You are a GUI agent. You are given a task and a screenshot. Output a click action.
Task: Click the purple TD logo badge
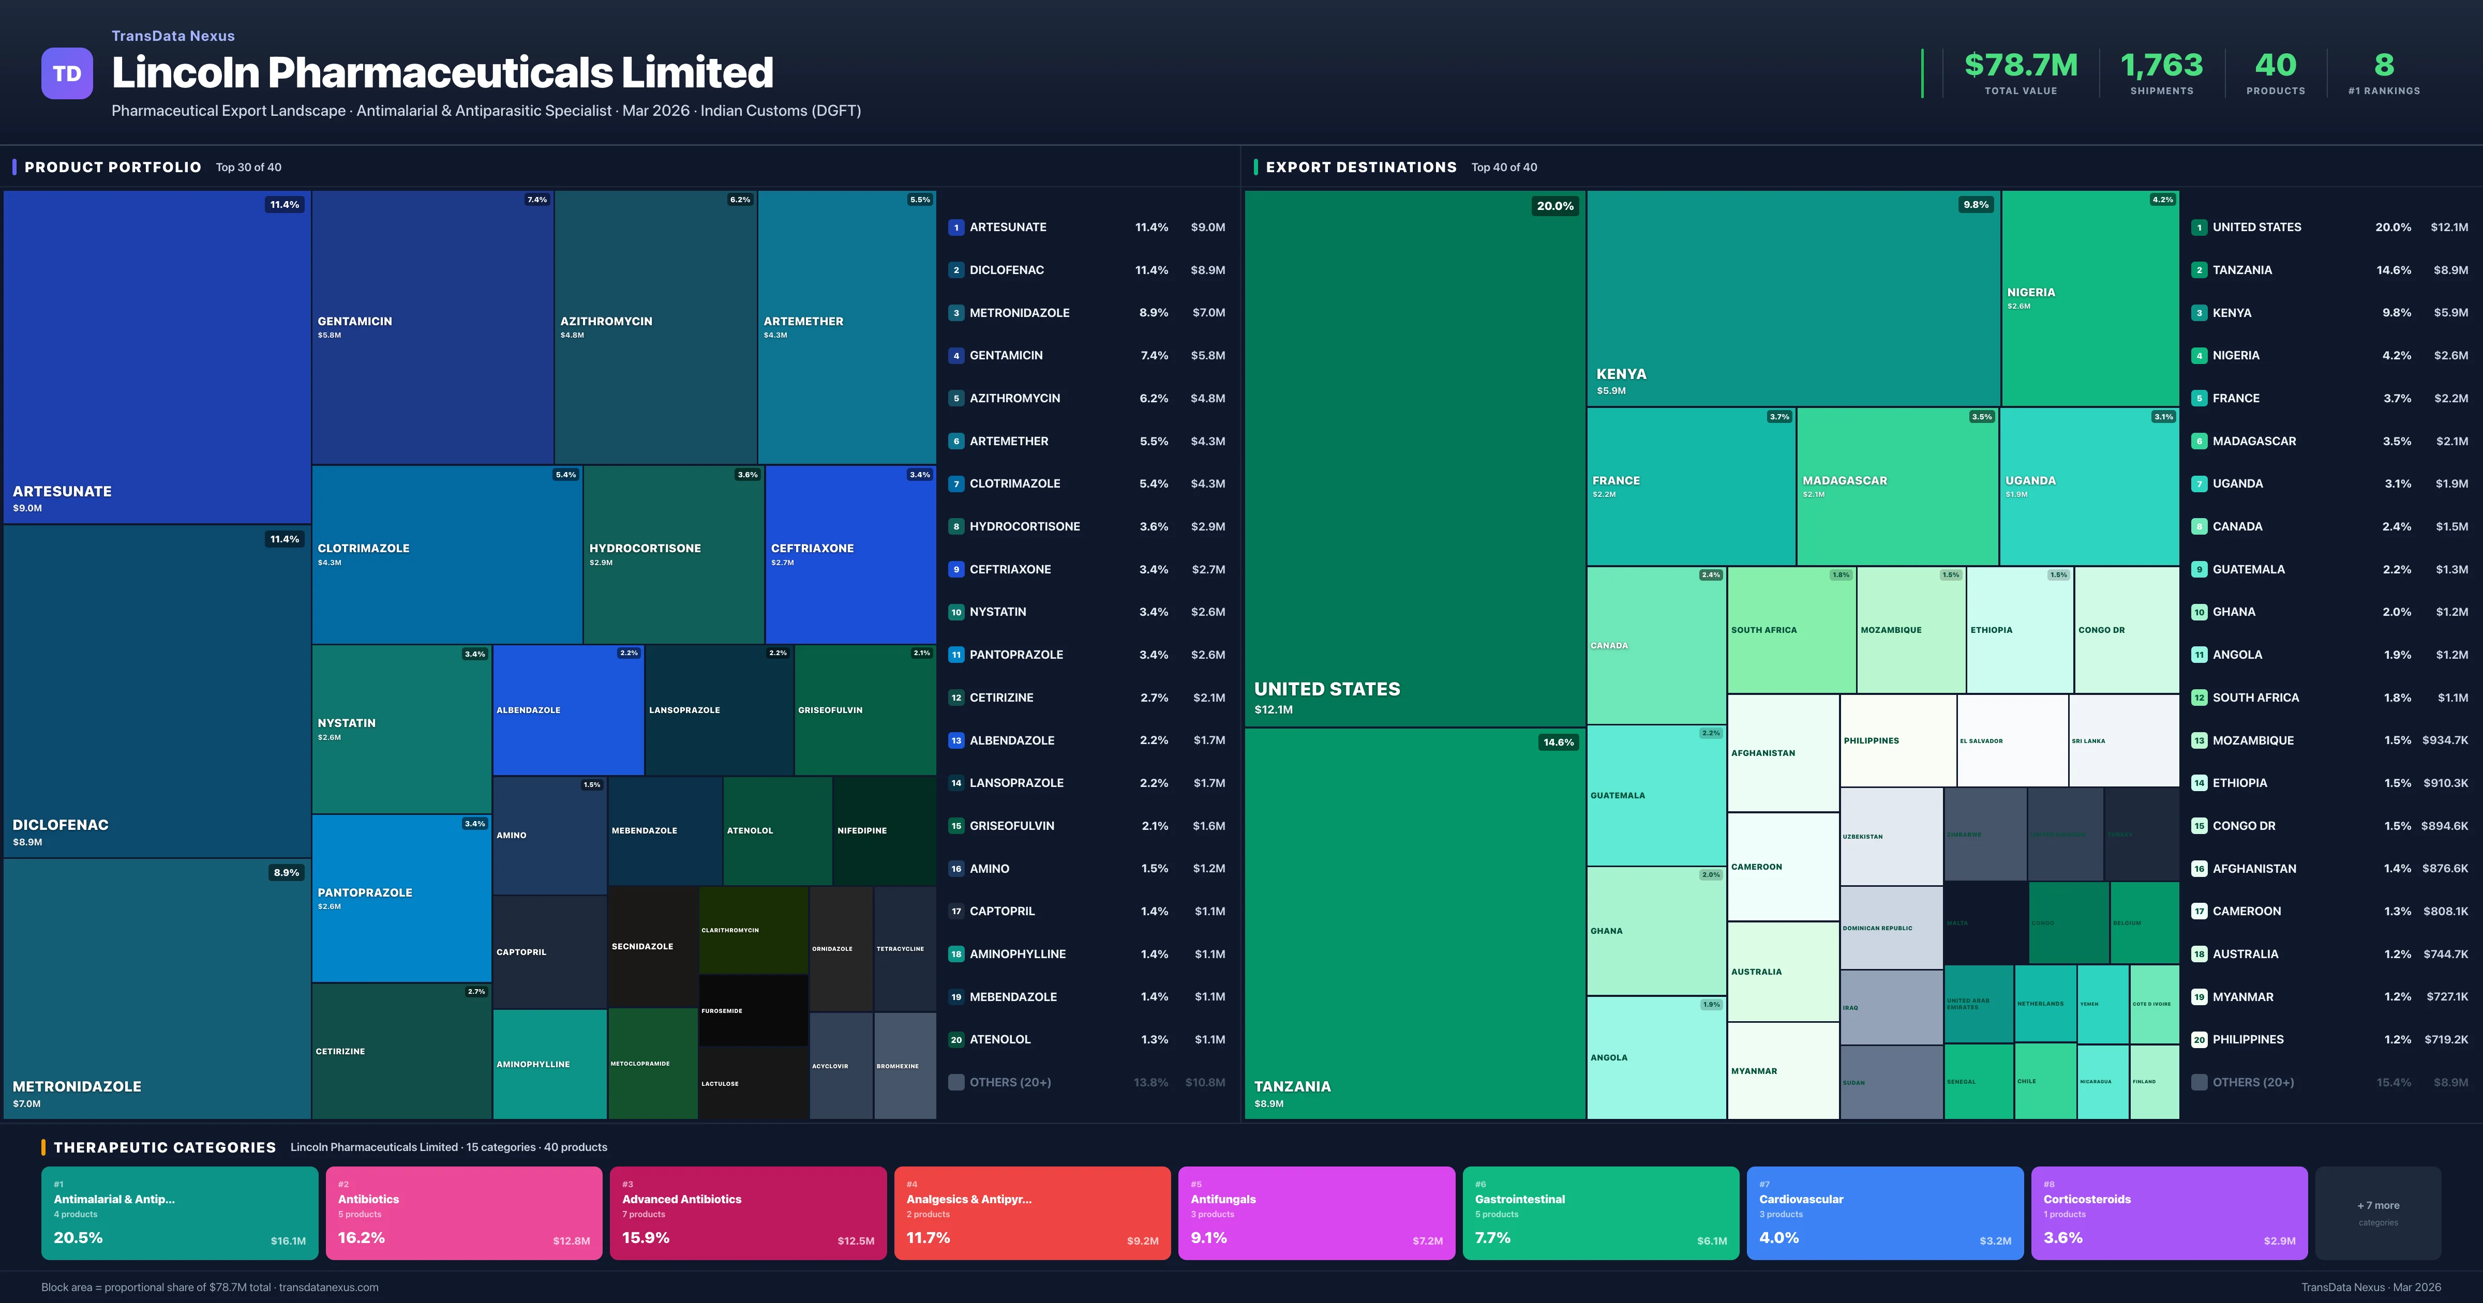[67, 73]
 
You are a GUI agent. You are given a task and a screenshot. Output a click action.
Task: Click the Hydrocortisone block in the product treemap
[673, 554]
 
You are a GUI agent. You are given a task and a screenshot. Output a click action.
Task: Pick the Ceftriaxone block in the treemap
[849, 554]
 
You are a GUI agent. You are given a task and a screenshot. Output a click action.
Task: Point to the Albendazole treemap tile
[568, 710]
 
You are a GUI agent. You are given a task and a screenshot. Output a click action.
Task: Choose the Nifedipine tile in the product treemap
[883, 831]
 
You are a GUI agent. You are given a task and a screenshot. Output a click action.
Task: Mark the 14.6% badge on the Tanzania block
[1558, 742]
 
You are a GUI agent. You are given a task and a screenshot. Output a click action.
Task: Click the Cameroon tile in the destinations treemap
[1782, 867]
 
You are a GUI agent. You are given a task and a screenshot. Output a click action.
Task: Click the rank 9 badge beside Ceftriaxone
[956, 570]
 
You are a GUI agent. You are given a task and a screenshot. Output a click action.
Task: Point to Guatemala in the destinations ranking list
[2248, 570]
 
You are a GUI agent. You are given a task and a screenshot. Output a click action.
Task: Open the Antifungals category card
[1315, 1213]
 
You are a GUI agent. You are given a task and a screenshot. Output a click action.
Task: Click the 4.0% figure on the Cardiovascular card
[1778, 1237]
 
